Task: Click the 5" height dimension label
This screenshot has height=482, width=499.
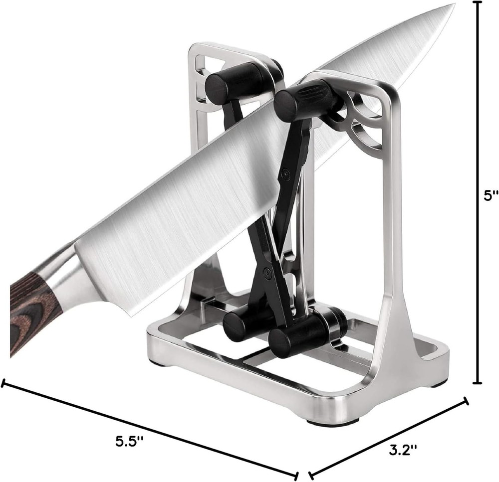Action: click(491, 195)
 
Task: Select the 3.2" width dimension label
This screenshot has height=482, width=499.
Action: click(402, 452)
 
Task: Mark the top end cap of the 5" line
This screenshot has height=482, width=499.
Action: click(477, 2)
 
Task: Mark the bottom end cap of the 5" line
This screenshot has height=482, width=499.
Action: click(477, 383)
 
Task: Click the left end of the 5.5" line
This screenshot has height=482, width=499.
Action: click(4, 383)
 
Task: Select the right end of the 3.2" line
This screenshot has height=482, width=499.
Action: click(467, 400)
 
